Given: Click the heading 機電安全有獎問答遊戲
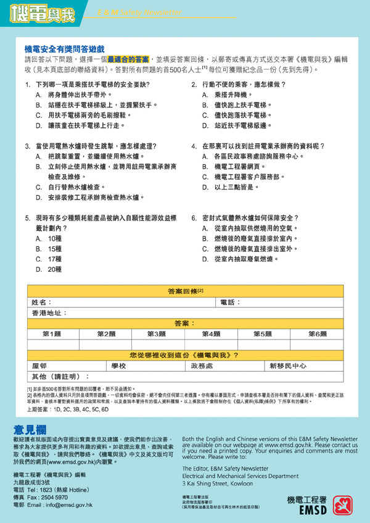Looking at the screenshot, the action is pos(65,48).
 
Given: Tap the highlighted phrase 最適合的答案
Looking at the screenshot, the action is pos(128,59).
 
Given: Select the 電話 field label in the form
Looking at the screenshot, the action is pos(230,303).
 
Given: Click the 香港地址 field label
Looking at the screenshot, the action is pos(50,313).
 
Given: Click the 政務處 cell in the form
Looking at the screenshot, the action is pos(202,366).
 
